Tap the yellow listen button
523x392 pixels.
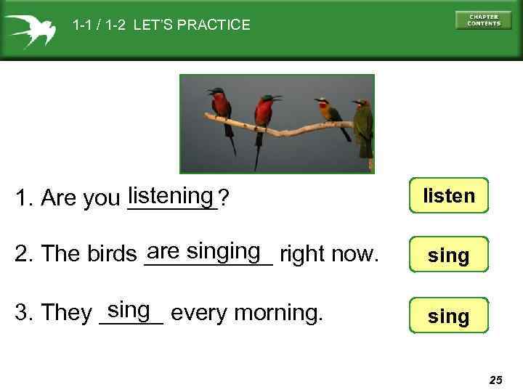coord(448,196)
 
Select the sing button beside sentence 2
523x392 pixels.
coord(448,256)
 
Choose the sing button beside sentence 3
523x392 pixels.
coord(448,317)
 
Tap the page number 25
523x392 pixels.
coord(495,380)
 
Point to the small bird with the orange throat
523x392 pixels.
coord(329,112)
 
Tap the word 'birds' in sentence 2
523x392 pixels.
coord(113,254)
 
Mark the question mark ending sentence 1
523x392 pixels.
coord(224,197)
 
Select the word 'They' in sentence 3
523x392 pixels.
coord(67,313)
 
